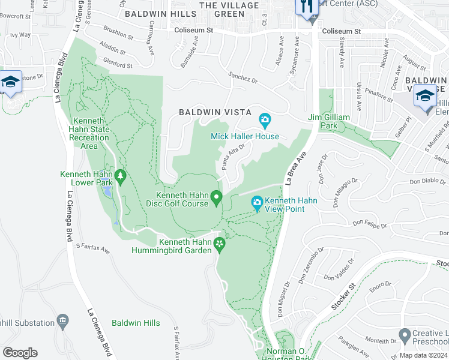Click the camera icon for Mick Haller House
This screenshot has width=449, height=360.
(x=265, y=120)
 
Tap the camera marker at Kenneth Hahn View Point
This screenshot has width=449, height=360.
(x=258, y=204)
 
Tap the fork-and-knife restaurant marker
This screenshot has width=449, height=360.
(x=307, y=7)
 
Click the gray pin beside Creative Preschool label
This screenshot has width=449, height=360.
(x=404, y=334)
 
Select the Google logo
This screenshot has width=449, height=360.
(x=20, y=353)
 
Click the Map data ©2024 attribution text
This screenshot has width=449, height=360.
(x=423, y=355)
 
